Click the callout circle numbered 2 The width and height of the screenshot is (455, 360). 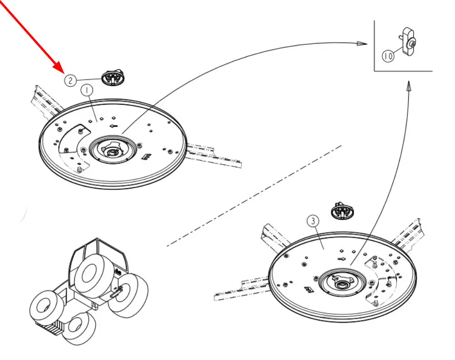tap(70, 80)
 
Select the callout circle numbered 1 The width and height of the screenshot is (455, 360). tap(87, 90)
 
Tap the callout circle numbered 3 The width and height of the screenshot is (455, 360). tap(313, 222)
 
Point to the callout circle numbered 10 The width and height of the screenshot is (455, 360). tap(388, 56)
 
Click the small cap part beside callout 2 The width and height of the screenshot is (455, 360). tap(112, 77)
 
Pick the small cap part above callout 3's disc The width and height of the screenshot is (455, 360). tap(343, 210)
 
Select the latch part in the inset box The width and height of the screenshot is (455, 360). tap(408, 42)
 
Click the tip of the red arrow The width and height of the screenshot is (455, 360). tap(64, 73)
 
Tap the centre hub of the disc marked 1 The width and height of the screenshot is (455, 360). tap(112, 149)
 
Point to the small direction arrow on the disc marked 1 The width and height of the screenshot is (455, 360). tap(114, 126)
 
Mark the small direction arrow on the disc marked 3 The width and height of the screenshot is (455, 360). tap(342, 259)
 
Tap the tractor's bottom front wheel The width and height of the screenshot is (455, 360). tap(79, 328)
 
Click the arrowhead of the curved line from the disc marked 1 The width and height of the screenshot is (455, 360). tap(362, 44)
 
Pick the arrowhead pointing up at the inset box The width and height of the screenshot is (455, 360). tap(408, 87)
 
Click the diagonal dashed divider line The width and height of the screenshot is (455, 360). tap(254, 195)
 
